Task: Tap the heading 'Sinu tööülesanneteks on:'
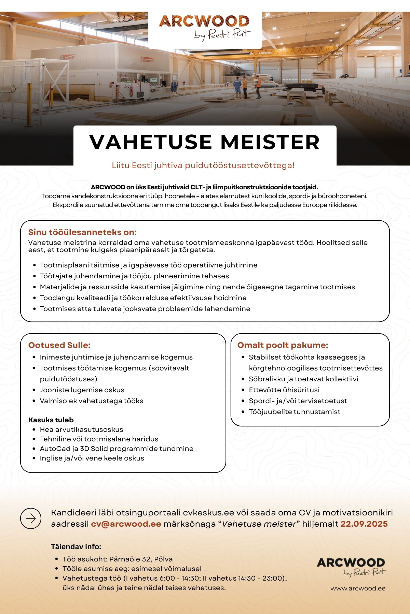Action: coord(82,232)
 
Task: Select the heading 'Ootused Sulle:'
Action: coord(59,345)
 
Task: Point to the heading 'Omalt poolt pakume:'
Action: coord(283,345)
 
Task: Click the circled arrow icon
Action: coord(31,518)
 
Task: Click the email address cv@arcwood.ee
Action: coord(126,524)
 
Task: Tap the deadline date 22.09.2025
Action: coord(364,524)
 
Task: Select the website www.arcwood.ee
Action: coord(358,588)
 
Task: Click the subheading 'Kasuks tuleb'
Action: coord(51,420)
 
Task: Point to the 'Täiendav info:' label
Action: coord(76,546)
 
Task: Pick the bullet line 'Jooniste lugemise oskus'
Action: coord(82,390)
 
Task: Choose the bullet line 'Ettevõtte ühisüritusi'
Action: coord(284,390)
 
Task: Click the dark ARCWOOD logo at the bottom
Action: coord(351,563)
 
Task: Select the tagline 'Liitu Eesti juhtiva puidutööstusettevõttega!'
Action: coord(203,165)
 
